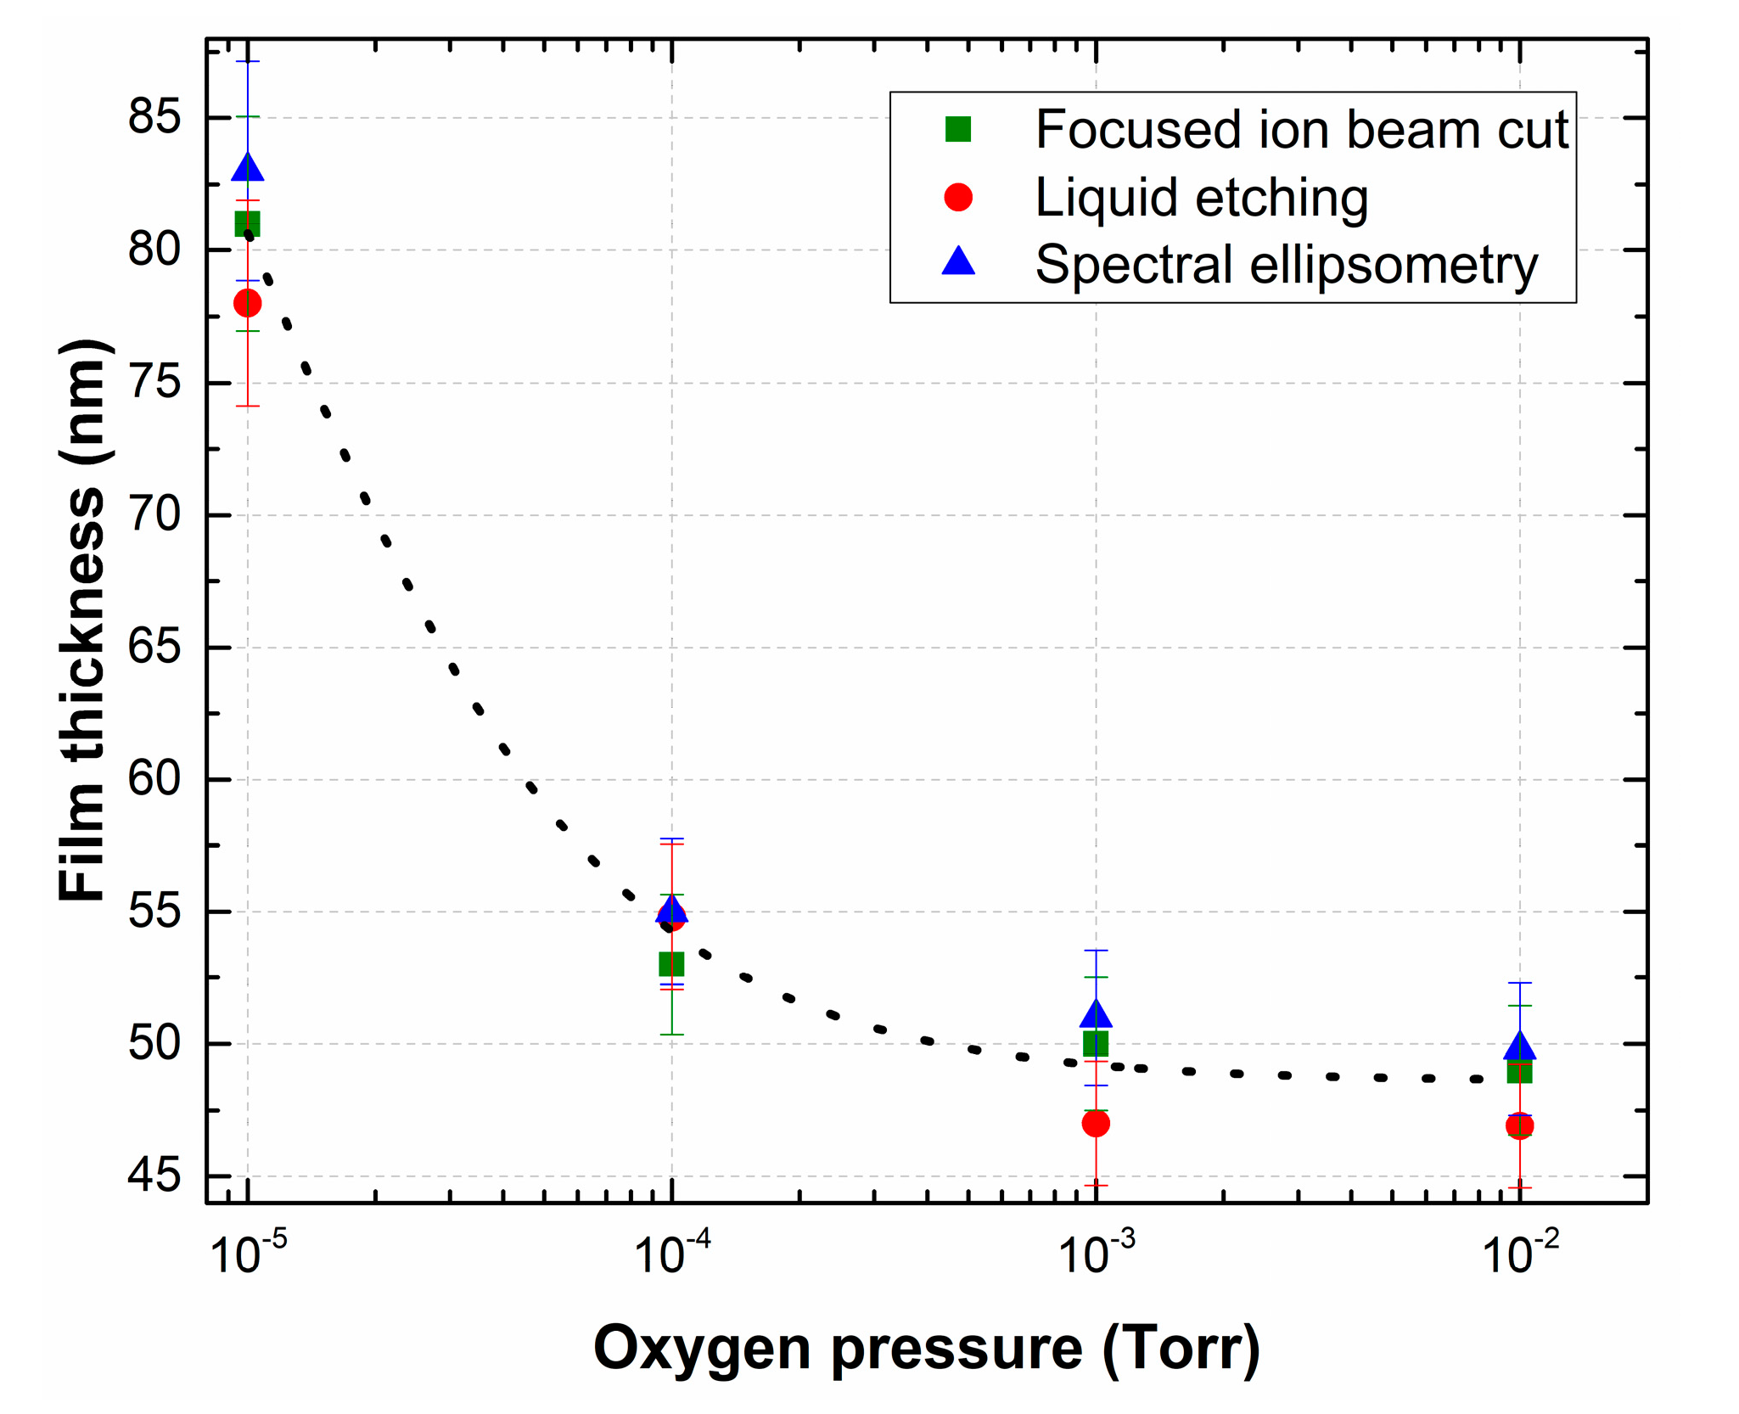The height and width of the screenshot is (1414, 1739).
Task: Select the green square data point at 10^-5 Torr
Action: tap(247, 224)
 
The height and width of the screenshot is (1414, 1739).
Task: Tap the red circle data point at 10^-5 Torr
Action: tap(247, 303)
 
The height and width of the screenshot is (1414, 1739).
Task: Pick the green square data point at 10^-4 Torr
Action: tap(671, 964)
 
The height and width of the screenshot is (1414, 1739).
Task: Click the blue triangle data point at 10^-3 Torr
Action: tap(1096, 1014)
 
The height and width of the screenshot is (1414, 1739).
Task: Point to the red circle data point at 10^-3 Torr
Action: tap(1096, 1124)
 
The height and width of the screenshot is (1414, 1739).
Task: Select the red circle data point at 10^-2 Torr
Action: tap(1519, 1126)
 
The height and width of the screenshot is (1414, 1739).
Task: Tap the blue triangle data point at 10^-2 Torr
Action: tap(1519, 1046)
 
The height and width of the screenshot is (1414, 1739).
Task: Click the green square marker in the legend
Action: tap(958, 130)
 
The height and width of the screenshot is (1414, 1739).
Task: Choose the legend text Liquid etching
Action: tap(1201, 198)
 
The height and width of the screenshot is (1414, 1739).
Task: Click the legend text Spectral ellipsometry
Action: tap(1286, 265)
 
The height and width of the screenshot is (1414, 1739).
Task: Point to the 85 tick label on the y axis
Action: tap(154, 117)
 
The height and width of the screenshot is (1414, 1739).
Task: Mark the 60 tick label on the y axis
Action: tap(154, 779)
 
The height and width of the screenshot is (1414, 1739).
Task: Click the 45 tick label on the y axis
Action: tap(154, 1176)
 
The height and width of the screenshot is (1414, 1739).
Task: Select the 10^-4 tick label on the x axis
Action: tap(672, 1254)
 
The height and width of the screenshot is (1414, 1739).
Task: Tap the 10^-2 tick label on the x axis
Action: tap(1520, 1254)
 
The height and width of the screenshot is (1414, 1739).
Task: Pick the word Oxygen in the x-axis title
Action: tap(702, 1348)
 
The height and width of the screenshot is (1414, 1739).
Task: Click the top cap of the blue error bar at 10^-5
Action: tap(247, 62)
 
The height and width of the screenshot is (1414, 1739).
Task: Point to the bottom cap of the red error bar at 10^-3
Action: tap(1096, 1186)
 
